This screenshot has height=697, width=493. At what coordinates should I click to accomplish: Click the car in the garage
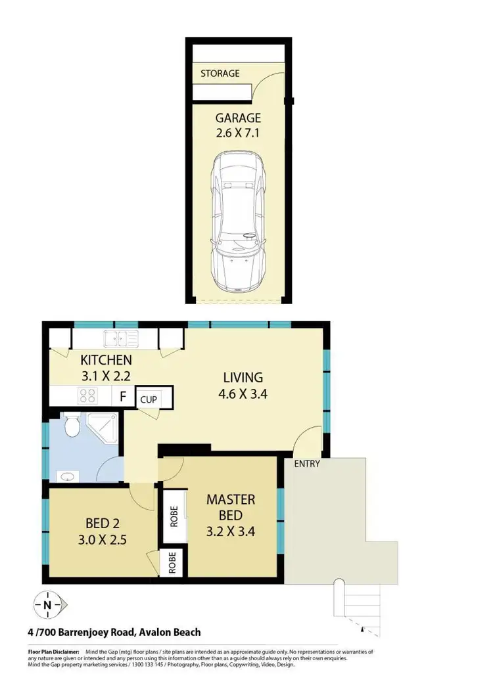[238, 224]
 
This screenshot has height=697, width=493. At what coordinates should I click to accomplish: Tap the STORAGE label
[220, 74]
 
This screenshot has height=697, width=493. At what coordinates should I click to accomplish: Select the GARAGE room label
[238, 118]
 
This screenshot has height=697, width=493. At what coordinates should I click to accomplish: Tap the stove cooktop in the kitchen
[87, 395]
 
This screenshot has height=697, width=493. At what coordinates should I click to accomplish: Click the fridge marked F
[122, 396]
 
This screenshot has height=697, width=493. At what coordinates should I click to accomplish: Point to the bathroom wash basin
[67, 474]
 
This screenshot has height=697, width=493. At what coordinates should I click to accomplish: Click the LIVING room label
[243, 378]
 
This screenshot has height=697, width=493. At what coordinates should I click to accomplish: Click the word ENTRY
[307, 464]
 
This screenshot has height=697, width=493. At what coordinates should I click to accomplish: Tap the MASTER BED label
[231, 507]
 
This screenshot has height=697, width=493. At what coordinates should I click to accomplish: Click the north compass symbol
[47, 603]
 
